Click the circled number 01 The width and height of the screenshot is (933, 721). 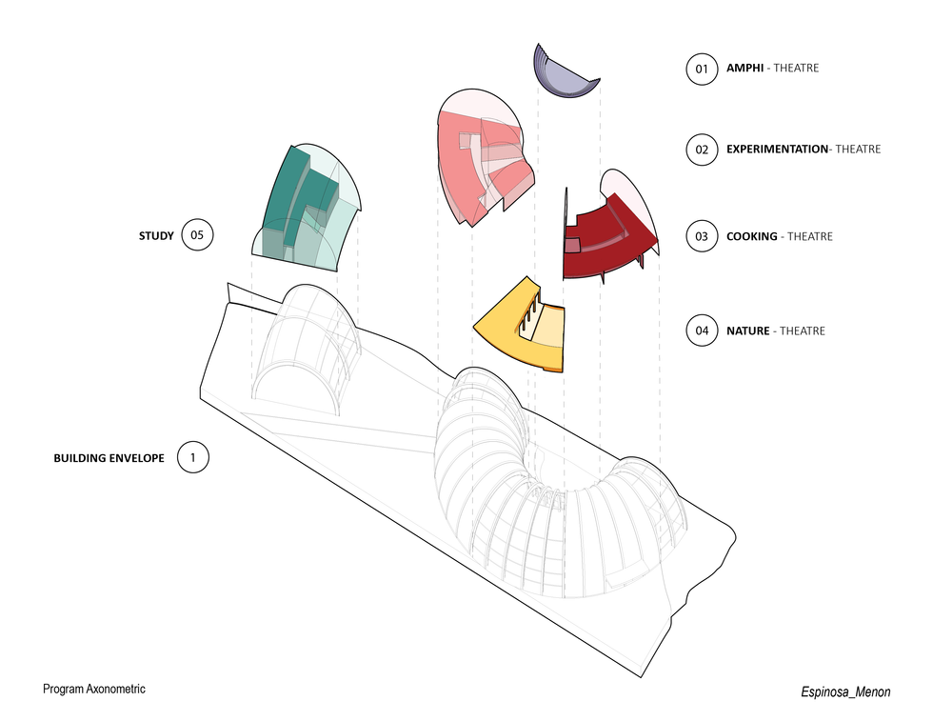tap(702, 70)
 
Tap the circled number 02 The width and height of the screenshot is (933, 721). tap(702, 150)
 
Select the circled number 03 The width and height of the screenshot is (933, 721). tap(702, 236)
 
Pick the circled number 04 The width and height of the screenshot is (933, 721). tap(702, 331)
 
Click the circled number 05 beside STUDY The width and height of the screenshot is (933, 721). tap(197, 235)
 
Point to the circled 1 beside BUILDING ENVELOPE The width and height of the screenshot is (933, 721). tap(193, 458)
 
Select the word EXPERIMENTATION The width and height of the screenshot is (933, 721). tap(777, 150)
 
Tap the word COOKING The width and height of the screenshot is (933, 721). tap(752, 236)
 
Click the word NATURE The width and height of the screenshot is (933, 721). tap(748, 331)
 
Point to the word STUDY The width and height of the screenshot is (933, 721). tap(156, 235)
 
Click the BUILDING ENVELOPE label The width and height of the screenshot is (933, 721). tap(109, 458)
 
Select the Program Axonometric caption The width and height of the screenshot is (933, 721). tap(94, 688)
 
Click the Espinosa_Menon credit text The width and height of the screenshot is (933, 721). tap(844, 692)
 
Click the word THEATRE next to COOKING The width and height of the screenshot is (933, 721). tap(810, 236)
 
